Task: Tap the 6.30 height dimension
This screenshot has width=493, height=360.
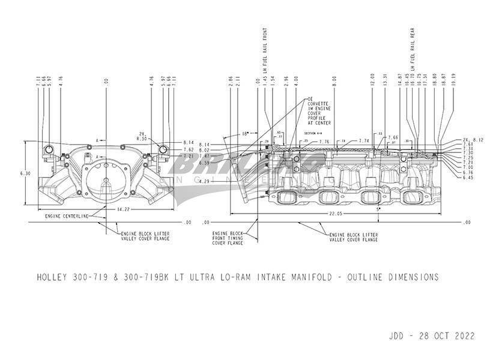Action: coord(25,173)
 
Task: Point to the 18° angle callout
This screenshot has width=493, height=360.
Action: coord(245,134)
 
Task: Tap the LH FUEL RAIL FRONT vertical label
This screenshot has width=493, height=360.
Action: coord(264,54)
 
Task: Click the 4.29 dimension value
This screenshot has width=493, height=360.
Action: coord(204,181)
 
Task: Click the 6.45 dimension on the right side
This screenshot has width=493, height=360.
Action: coord(467,178)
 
